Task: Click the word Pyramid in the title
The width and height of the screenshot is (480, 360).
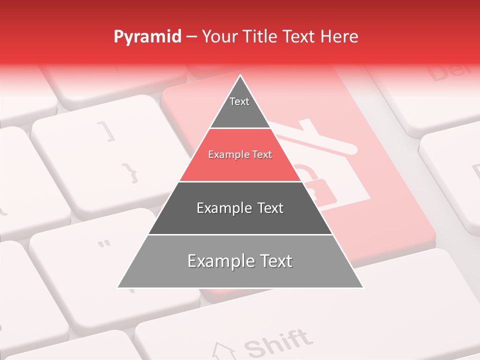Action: [147, 37]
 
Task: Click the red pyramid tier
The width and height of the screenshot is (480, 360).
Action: [240, 155]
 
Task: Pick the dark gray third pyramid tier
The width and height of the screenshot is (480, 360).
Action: [240, 208]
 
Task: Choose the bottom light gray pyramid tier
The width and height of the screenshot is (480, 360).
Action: [240, 261]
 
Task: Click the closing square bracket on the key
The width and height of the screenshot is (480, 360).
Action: [109, 131]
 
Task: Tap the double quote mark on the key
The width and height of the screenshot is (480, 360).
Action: [104, 244]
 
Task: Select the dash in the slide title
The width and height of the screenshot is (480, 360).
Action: [191, 37]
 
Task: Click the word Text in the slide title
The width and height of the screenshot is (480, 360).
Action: [299, 36]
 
